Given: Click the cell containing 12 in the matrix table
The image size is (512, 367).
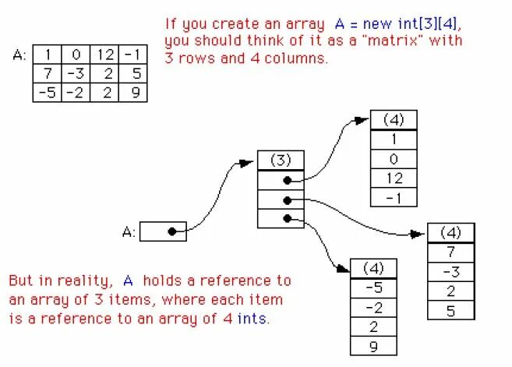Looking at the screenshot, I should point(106,55).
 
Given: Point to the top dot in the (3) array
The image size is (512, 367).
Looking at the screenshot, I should point(288,180).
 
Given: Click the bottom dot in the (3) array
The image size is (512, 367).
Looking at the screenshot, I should point(288,219).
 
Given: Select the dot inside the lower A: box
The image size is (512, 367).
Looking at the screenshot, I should point(171,231).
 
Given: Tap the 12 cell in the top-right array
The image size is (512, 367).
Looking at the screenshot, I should point(394,178).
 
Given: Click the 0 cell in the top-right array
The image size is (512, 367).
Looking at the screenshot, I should point(394,159).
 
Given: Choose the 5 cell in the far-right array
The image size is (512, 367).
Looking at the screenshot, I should point(451,309).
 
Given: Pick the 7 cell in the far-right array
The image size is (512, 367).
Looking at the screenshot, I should point(451,252).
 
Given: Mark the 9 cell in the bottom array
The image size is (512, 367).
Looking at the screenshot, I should point(373,346).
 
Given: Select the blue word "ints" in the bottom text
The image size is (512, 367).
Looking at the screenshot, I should point(256,319).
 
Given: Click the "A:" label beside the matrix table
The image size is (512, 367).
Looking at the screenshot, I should point(20,55).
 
